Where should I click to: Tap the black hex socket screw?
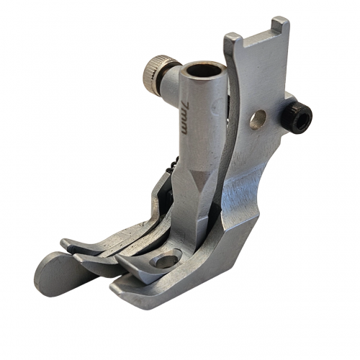297,117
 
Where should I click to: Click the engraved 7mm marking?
184,117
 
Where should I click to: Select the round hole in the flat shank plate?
258,120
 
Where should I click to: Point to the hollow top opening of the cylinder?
203,71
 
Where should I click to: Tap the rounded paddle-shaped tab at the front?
59,273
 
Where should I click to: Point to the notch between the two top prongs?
258,38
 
